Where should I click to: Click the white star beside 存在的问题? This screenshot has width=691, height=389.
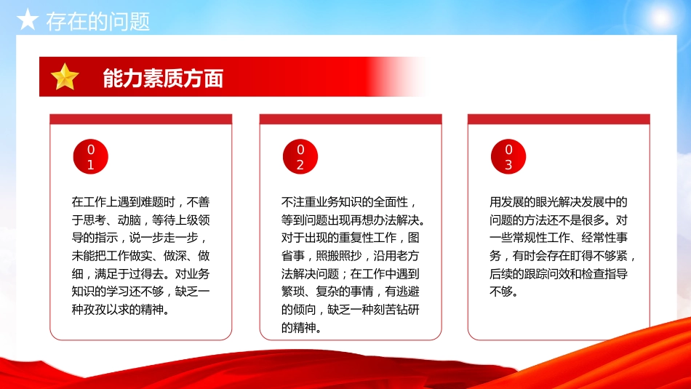coord(27,20)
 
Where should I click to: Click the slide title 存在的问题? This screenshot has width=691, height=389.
coord(97,21)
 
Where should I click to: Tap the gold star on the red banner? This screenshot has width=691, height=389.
coord(65,77)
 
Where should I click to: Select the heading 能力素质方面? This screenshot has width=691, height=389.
coord(163,79)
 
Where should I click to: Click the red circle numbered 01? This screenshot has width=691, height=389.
coord(91,157)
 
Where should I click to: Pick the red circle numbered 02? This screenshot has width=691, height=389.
coord(300,157)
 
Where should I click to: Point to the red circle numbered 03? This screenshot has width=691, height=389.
coord(508,157)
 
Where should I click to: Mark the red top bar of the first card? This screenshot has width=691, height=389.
coord(140,119)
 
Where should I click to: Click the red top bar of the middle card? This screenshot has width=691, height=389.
coord(351,119)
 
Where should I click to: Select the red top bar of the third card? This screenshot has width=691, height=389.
coord(559,119)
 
